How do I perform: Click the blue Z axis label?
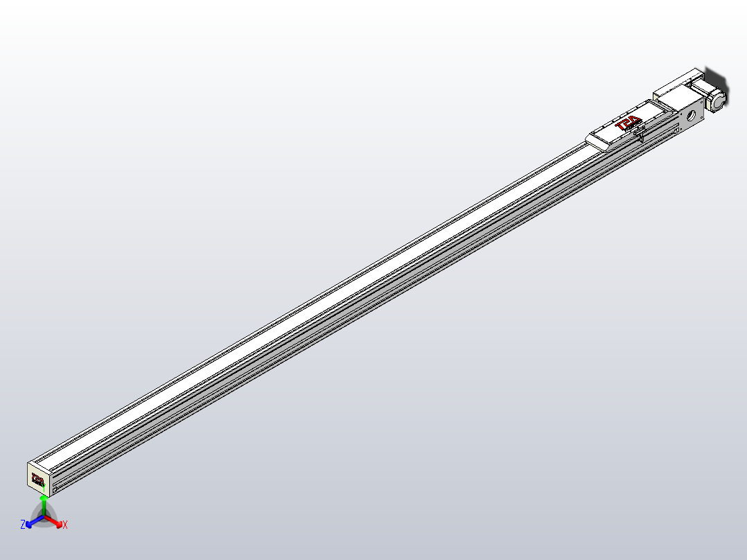[23, 525]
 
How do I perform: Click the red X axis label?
[65, 525]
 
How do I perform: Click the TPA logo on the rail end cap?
[37, 479]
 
